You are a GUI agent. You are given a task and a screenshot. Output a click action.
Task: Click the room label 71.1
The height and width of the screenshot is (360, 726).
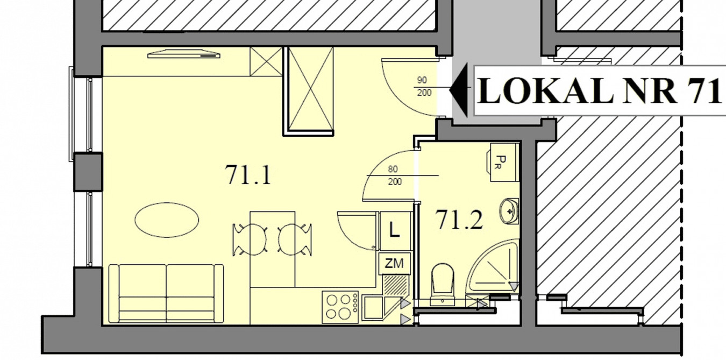coord(248,175)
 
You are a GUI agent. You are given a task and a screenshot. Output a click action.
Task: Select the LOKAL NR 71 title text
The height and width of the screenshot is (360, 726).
coord(600,91)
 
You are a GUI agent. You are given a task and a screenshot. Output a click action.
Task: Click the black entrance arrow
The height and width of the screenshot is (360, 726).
coord(459,90)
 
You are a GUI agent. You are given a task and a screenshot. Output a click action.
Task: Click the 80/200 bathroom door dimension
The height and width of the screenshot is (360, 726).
coord(394,175)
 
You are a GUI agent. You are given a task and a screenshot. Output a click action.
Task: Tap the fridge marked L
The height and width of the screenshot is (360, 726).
coord(395,231)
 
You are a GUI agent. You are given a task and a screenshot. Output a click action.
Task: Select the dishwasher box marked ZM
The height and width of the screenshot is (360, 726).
coord(394,263)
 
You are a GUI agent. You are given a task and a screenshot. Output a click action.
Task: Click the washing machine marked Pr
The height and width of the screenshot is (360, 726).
coord(502,162)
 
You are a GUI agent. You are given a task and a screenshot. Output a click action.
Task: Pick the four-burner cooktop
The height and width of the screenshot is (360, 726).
coord(340,307)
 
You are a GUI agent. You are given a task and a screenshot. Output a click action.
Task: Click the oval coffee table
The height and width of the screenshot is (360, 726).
coord(167,220)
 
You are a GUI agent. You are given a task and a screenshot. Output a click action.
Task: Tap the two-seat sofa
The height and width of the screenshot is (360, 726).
coord(166,293)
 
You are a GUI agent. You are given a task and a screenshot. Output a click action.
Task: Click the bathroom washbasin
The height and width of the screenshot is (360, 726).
coord(509,211)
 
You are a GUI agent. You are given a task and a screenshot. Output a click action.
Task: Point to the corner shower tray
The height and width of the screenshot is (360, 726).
coord(493,266)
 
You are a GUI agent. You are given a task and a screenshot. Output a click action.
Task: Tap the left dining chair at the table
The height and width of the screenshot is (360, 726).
coord(250,239)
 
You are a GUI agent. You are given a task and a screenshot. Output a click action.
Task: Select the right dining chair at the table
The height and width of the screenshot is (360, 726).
coord(295,239)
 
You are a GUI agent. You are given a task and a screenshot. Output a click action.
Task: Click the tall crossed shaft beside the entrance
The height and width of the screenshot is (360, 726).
coord(309,91)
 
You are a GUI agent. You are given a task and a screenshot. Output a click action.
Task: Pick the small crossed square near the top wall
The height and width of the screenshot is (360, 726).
coord(266,62)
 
